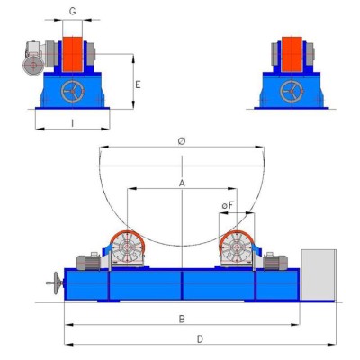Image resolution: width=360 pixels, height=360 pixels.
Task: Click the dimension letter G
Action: (x=72, y=12)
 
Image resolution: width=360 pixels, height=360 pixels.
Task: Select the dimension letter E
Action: (x=138, y=85)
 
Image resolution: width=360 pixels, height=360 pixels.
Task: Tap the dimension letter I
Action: (x=72, y=123)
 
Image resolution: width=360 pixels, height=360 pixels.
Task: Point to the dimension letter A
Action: (x=182, y=183)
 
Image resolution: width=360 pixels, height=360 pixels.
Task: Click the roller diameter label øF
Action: (x=228, y=206)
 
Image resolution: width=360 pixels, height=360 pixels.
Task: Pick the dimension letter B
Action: (x=182, y=319)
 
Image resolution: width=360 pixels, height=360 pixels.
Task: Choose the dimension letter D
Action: (x=200, y=339)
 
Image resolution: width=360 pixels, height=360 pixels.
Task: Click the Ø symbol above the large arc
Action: (x=182, y=141)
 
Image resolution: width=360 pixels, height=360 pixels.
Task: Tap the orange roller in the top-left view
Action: (x=72, y=54)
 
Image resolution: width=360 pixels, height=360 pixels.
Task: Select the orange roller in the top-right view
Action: (x=292, y=54)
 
